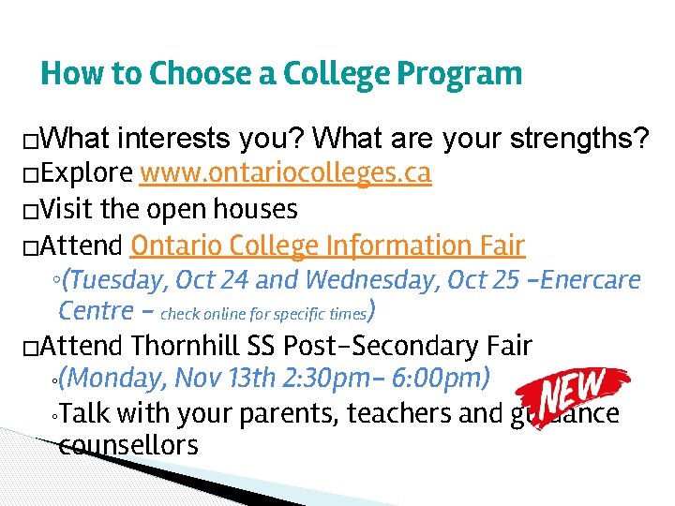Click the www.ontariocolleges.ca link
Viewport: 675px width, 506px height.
285,174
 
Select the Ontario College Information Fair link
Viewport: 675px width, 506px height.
328,246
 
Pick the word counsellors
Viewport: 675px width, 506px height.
128,445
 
